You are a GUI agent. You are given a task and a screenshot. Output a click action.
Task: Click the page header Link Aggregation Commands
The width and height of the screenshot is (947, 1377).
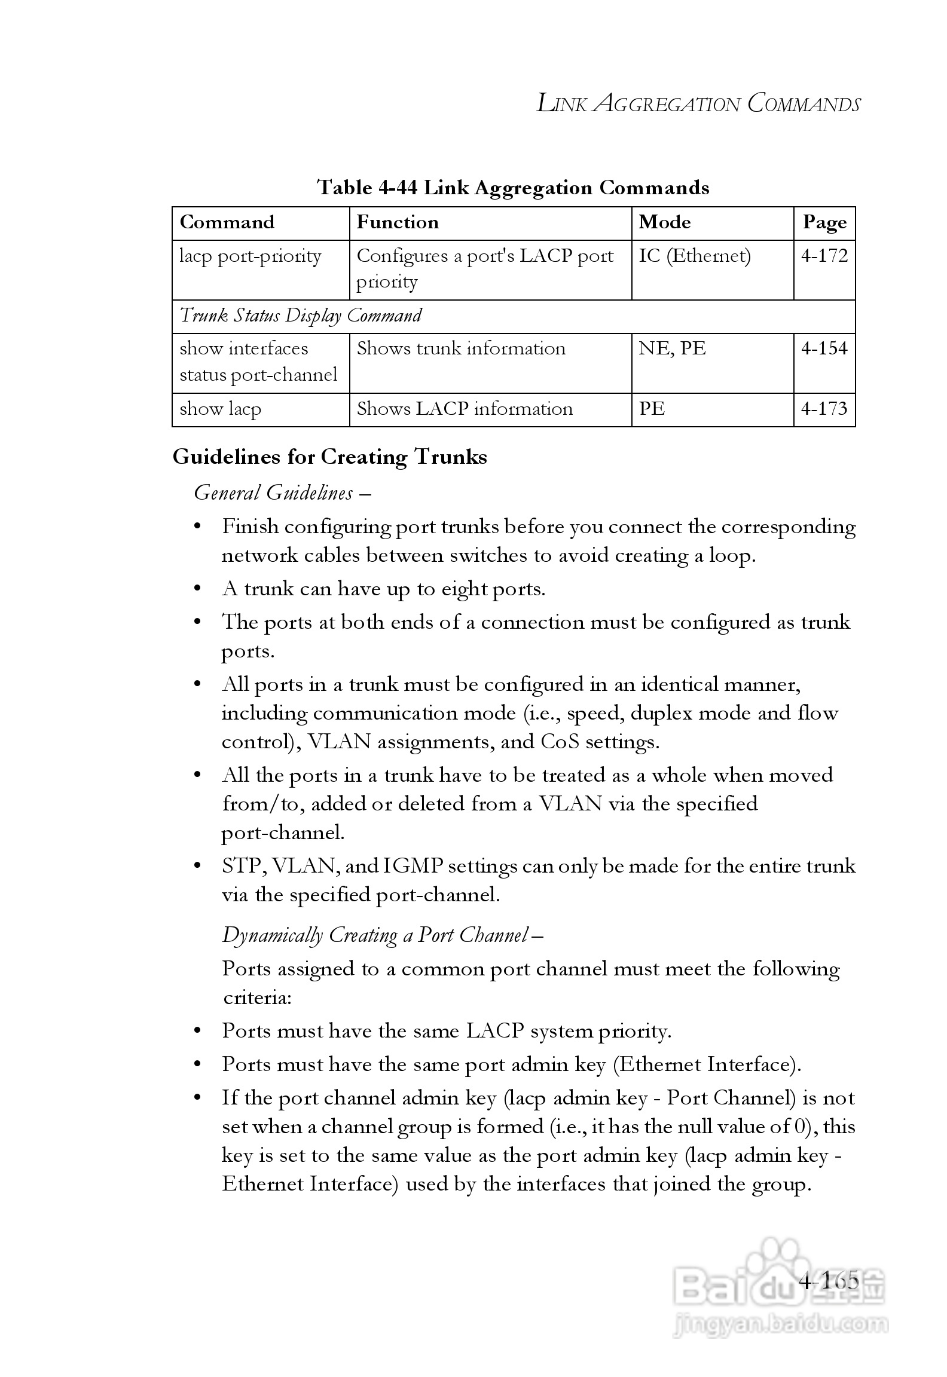click(x=698, y=104)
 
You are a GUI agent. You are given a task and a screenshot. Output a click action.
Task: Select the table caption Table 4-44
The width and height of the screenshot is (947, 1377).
click(x=513, y=188)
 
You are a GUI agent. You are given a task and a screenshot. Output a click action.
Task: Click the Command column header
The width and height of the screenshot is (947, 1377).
click(x=227, y=222)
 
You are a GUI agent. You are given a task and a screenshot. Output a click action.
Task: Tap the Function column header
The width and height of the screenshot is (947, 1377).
click(x=398, y=222)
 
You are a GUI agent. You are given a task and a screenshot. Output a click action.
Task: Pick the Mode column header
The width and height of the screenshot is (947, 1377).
click(x=665, y=222)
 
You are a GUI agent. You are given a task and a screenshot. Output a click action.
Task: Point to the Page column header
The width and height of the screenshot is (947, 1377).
click(x=824, y=223)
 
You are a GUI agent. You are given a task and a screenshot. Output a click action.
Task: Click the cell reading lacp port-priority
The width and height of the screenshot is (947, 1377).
click(x=251, y=256)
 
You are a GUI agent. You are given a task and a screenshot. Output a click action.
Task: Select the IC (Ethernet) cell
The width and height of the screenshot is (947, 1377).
click(x=695, y=256)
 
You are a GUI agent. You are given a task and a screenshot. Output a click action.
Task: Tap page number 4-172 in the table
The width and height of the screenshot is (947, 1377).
click(x=824, y=256)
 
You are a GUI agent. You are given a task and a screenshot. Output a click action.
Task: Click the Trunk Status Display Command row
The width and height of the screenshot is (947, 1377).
click(x=301, y=316)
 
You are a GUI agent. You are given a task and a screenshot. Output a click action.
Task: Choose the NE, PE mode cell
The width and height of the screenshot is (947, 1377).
click(x=673, y=348)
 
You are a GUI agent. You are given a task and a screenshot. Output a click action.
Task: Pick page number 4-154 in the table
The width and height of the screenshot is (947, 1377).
click(x=824, y=348)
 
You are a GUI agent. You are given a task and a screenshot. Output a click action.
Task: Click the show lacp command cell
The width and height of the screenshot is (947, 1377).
click(x=221, y=409)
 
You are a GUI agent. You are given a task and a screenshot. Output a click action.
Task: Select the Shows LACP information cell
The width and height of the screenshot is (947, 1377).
click(x=465, y=409)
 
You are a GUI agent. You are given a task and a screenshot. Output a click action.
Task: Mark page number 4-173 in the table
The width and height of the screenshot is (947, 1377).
click(x=824, y=409)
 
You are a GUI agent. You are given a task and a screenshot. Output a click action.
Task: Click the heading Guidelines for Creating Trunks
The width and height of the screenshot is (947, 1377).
click(x=330, y=457)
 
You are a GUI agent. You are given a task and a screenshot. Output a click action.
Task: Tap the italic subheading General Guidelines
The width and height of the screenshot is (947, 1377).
click(x=274, y=493)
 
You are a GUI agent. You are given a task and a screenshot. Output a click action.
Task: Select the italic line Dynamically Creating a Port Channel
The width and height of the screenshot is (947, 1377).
click(x=375, y=935)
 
